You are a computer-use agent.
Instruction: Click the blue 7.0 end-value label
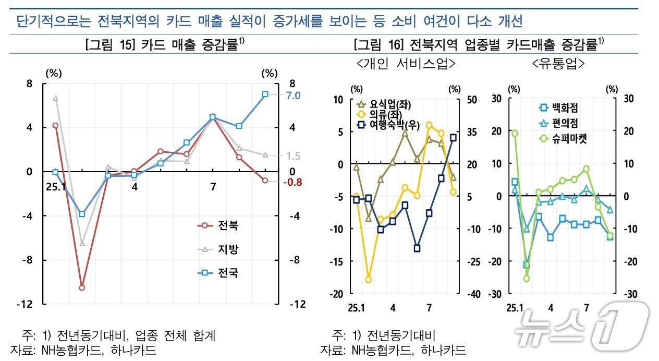(x=278, y=95)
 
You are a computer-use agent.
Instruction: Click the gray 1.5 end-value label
(x=279, y=156)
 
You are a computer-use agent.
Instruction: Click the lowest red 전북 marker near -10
(x=82, y=287)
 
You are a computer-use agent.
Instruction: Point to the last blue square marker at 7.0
(x=265, y=94)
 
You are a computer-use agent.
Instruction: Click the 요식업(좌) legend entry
(x=387, y=103)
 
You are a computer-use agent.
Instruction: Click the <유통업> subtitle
(x=558, y=64)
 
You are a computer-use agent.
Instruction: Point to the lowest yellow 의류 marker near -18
(x=369, y=280)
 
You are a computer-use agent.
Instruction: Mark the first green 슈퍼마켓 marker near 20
(x=515, y=133)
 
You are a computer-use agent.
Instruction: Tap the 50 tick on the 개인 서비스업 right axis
(x=457, y=100)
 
